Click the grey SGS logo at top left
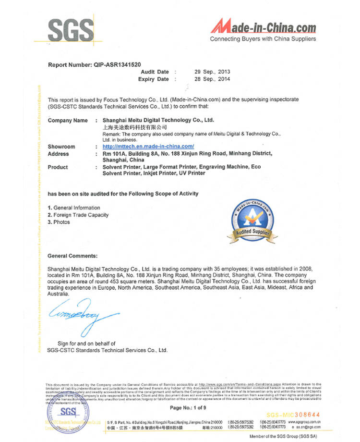click(x=71, y=30)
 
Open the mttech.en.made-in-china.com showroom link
click(x=148, y=146)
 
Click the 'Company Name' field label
click(x=68, y=120)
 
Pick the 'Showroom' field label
click(x=61, y=146)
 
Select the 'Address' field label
click(x=59, y=154)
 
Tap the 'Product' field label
click(x=58, y=167)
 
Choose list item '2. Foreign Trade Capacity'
click(x=78, y=215)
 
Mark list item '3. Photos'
click(x=59, y=222)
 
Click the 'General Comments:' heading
click(x=72, y=256)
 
